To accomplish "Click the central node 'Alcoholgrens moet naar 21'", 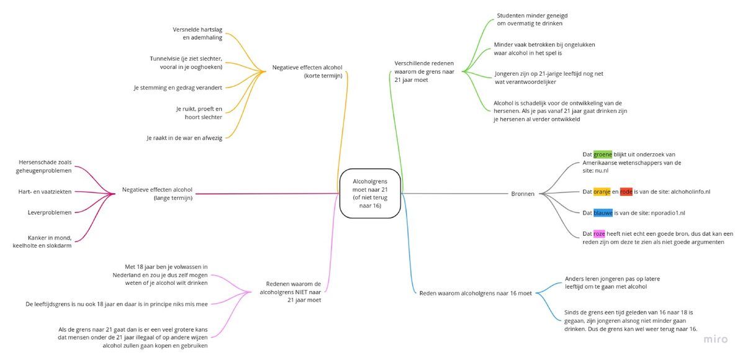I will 370,193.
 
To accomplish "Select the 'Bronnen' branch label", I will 522,194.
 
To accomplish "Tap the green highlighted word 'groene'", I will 602,155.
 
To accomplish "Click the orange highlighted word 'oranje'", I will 602,192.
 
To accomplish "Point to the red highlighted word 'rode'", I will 626,192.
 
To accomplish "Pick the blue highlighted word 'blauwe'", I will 603,213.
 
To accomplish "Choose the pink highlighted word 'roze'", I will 599,234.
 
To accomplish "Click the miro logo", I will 716,340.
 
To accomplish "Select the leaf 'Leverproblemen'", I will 50,212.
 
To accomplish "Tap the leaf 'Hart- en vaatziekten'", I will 45,192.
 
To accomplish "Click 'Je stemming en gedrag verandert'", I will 178,88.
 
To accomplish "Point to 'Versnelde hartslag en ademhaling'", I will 197,34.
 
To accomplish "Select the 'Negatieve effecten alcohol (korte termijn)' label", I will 307,71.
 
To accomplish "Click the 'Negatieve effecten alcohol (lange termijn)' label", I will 157,194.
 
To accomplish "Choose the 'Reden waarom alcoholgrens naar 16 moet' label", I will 476,293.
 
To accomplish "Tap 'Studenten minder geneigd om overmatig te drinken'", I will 531,19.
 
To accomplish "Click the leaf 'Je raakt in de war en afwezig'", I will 184,138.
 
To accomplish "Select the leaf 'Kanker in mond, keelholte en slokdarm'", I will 42,241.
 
